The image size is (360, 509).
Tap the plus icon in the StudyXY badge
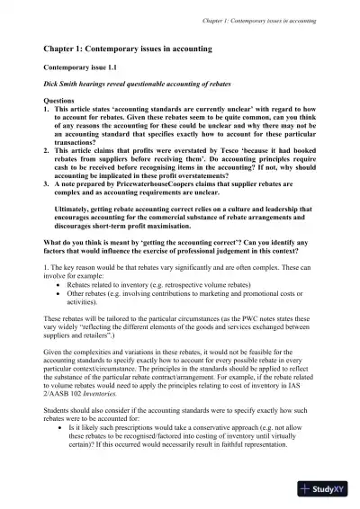(307, 489)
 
